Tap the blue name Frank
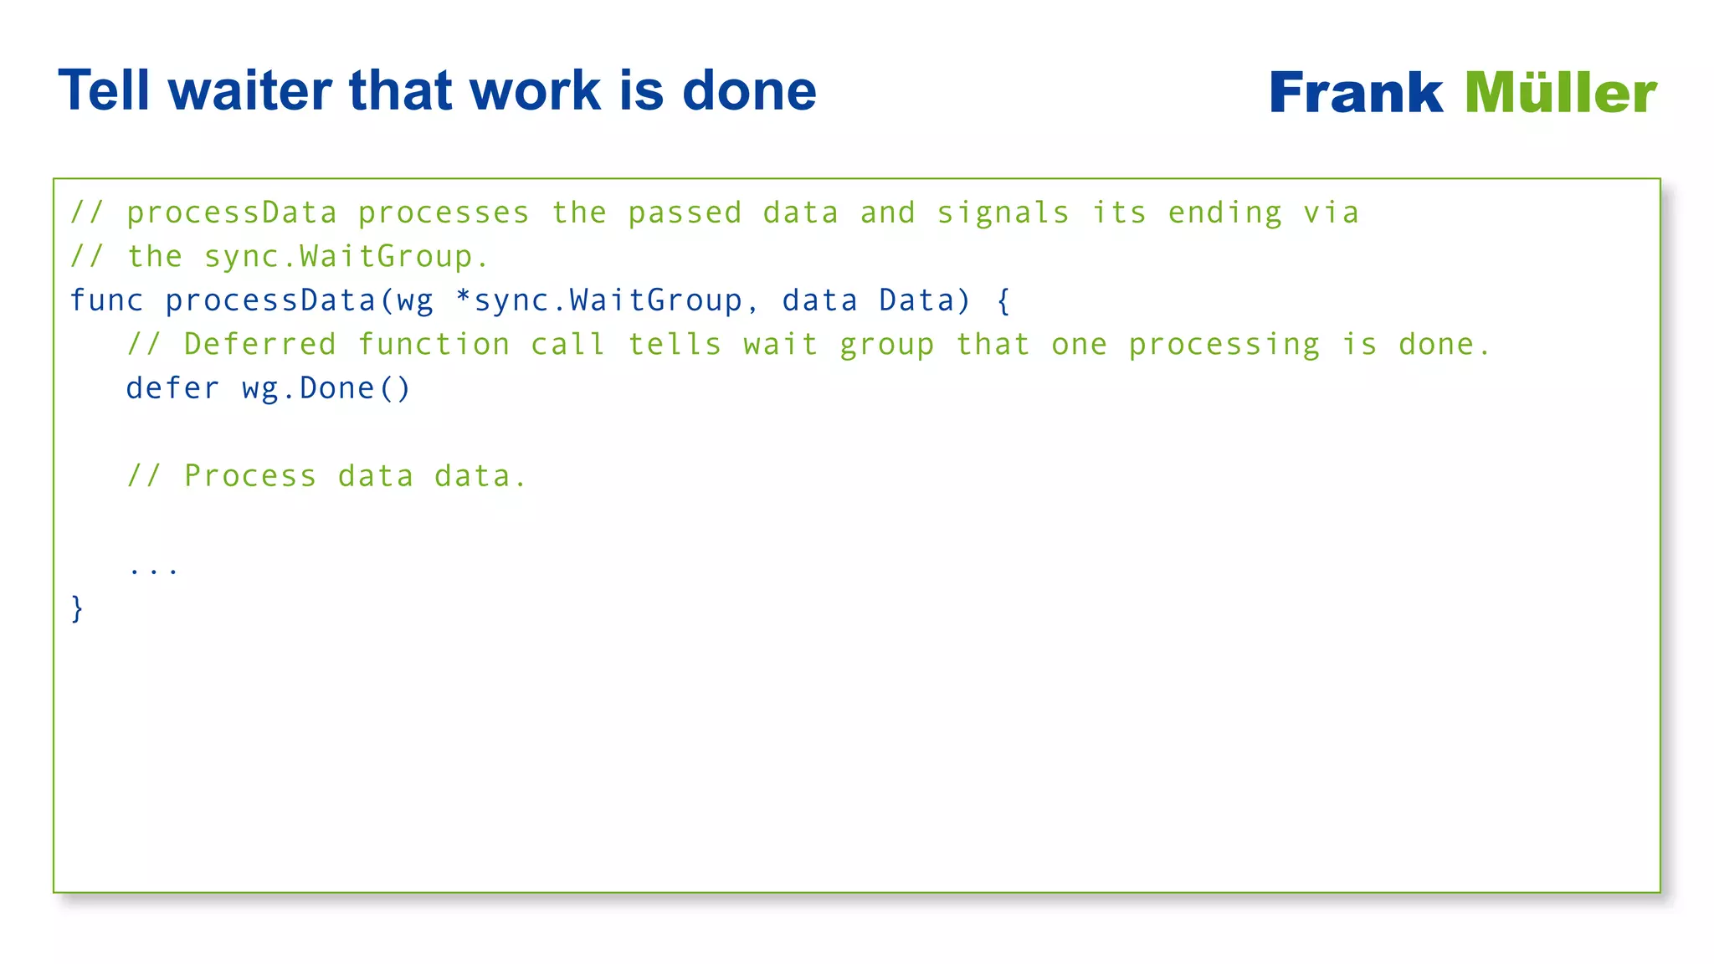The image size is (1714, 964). point(1356,93)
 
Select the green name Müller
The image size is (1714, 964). point(1561,93)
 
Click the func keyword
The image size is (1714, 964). point(106,300)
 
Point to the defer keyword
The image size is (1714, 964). point(172,388)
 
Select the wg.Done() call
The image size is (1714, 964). point(326,388)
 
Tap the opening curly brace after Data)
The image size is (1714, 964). point(1003,300)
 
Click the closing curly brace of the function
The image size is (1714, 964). point(77,608)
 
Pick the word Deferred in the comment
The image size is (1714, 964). point(259,344)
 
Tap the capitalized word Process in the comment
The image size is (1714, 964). point(250,476)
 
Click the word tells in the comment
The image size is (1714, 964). point(675,344)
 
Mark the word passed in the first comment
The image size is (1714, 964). point(685,213)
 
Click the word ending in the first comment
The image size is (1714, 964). point(1225,213)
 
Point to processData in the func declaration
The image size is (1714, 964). point(270,300)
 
